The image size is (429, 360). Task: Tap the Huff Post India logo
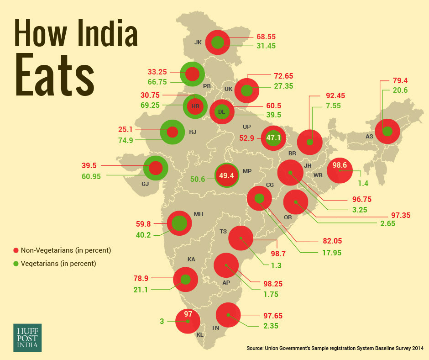27,338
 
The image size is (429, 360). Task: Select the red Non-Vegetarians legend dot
16,250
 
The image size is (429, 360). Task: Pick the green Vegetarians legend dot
16,264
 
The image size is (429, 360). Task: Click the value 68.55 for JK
267,37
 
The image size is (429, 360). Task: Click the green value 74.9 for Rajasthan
124,140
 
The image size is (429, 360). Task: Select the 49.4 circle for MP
227,175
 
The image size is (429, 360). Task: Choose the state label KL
200,335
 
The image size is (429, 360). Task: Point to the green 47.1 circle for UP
273,138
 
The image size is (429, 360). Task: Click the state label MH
199,214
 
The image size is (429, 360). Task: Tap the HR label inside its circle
196,106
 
